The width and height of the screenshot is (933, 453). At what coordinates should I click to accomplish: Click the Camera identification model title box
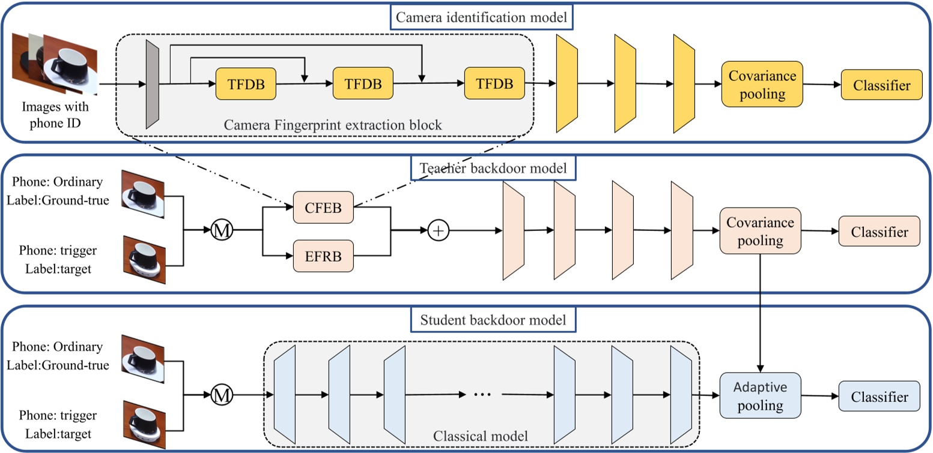pyautogui.click(x=481, y=18)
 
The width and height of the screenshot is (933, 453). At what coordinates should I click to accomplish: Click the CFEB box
pyautogui.click(x=324, y=207)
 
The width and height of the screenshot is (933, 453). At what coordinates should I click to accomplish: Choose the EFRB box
pyautogui.click(x=324, y=256)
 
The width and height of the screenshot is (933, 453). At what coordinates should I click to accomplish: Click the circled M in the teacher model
pyautogui.click(x=221, y=230)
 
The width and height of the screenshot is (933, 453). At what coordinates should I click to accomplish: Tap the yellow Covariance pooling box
pyautogui.click(x=762, y=85)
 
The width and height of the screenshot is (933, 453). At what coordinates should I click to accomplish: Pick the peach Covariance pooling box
pyautogui.click(x=760, y=232)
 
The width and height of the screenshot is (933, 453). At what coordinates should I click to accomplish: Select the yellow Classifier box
pyautogui.click(x=881, y=86)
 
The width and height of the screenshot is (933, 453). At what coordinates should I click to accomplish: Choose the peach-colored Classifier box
pyautogui.click(x=879, y=232)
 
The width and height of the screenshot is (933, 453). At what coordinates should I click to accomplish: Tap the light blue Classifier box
pyautogui.click(x=878, y=396)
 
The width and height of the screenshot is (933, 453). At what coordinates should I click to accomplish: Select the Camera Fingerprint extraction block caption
pyautogui.click(x=333, y=125)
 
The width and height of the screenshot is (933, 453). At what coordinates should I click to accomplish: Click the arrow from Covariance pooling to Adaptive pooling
pyautogui.click(x=761, y=312)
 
